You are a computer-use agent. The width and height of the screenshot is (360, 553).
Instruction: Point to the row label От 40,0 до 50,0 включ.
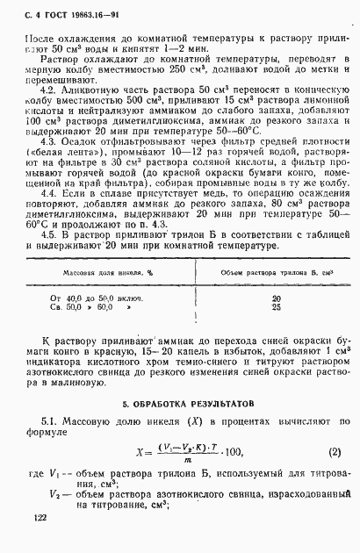pos(98,298)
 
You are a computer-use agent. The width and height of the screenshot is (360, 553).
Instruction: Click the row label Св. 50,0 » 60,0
pos(88,308)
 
